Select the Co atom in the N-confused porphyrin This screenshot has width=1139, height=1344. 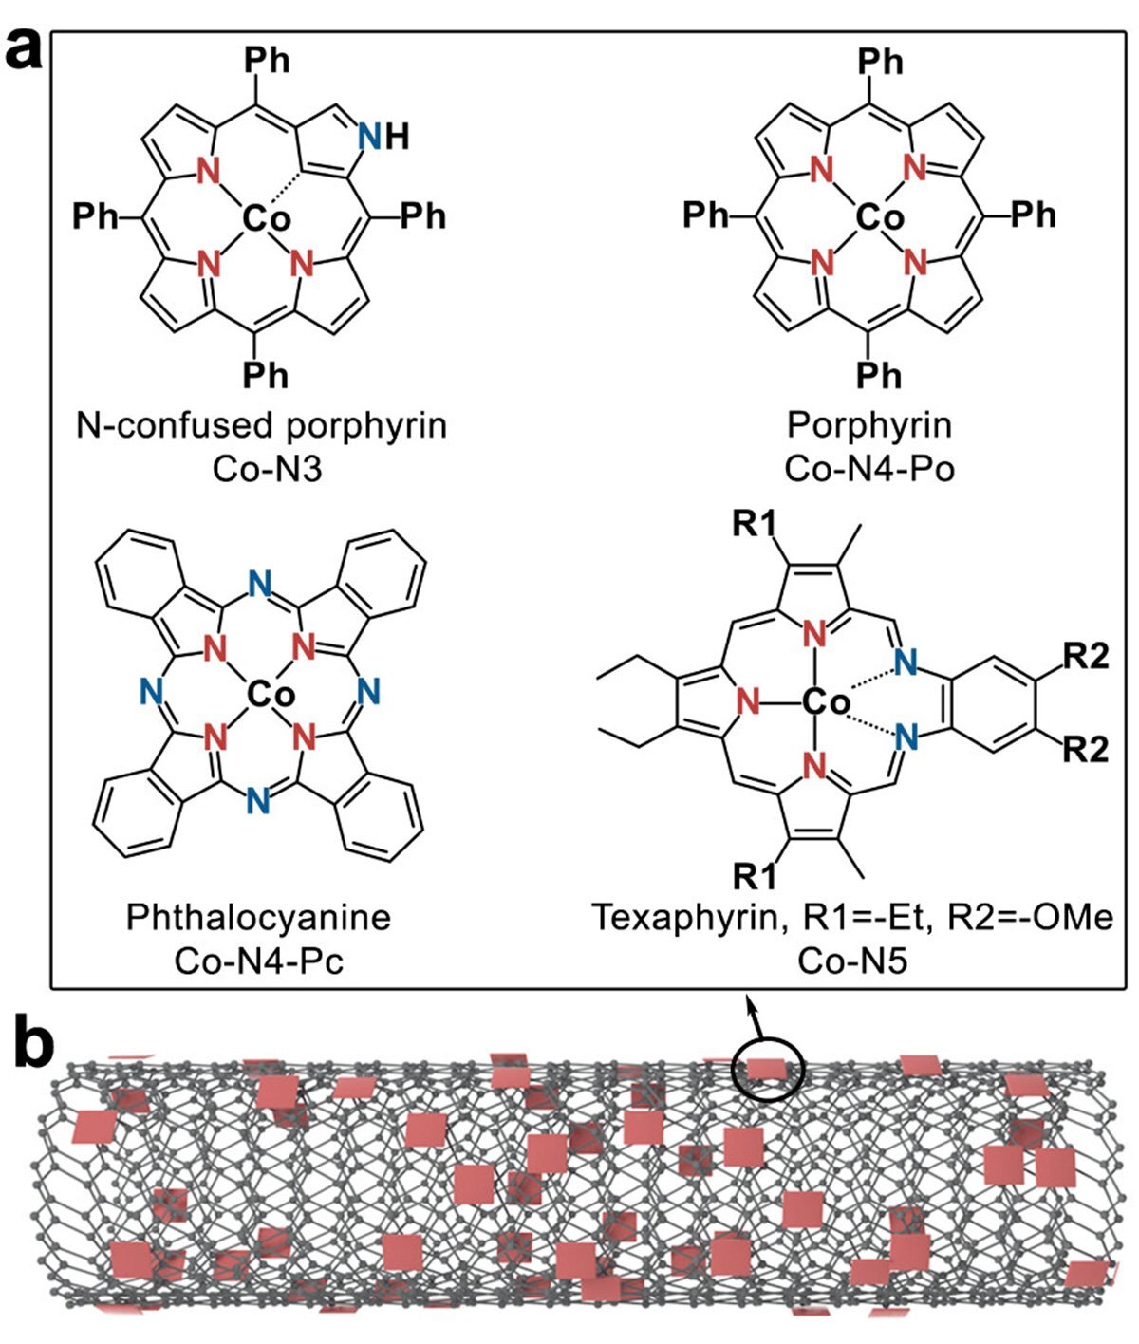coord(267,219)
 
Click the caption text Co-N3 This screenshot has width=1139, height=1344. coord(261,469)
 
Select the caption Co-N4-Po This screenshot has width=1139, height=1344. coord(869,469)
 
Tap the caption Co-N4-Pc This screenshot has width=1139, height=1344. coord(259,961)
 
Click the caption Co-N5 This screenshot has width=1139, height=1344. coord(852,961)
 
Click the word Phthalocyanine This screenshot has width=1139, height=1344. coord(259,918)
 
